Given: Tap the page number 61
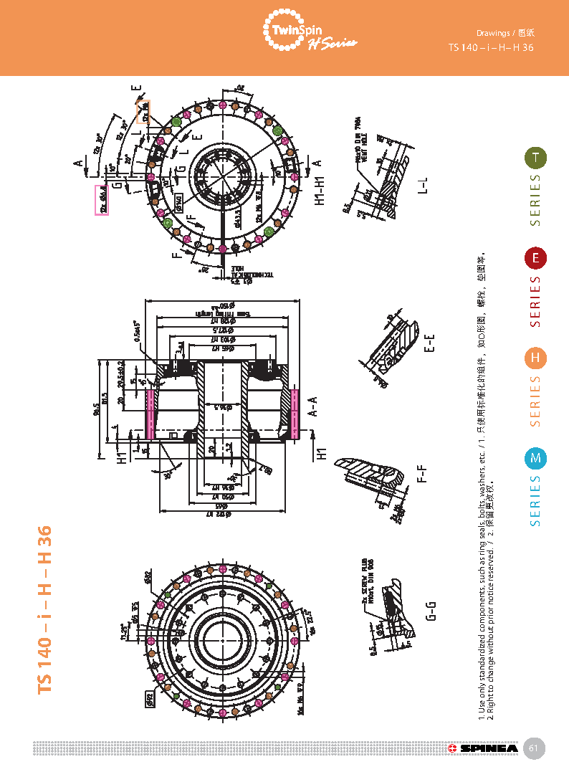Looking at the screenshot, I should (533, 748).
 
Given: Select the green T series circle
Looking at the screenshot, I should (535, 158).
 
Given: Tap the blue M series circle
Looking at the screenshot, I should (535, 458).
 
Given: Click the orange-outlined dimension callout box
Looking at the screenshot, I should (143, 112).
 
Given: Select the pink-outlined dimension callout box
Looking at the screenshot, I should (102, 200).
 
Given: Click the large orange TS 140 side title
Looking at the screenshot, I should (45, 609).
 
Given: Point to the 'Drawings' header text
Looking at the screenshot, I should (493, 33).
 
